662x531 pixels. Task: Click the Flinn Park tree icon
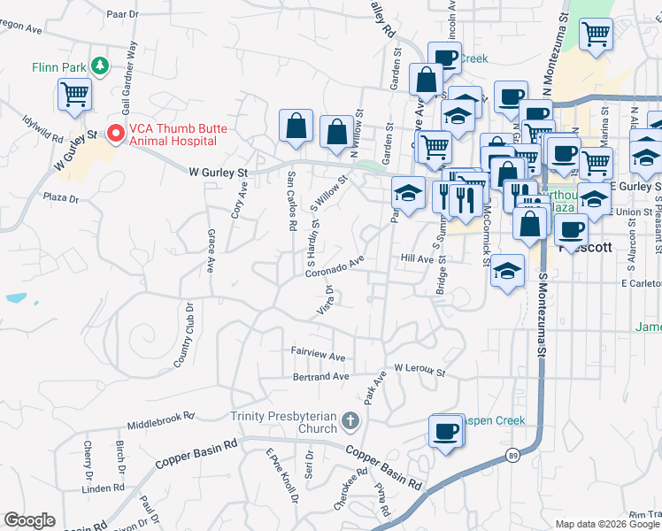(x=102, y=65)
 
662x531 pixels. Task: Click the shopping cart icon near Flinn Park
(x=75, y=93)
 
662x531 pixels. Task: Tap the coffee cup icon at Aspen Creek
(x=446, y=431)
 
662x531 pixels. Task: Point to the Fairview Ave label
(x=319, y=354)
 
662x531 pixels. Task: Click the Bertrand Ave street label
(x=321, y=377)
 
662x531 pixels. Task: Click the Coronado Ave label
(x=335, y=267)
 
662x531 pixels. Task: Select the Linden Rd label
(x=103, y=488)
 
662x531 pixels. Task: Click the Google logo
(x=29, y=520)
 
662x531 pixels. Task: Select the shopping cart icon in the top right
(x=596, y=35)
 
